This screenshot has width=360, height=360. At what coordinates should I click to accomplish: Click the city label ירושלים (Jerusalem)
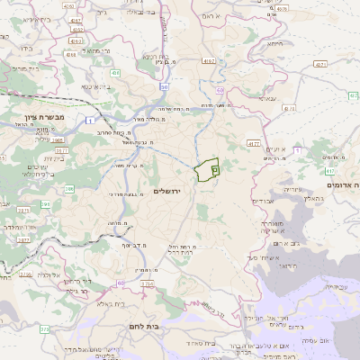168,191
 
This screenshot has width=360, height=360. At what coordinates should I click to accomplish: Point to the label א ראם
206,15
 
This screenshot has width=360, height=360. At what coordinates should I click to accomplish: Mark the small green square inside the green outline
214,168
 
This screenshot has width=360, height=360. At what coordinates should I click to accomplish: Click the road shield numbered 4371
320,65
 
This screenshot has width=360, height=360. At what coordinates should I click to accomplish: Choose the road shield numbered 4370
289,109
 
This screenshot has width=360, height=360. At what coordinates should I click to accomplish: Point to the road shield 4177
255,142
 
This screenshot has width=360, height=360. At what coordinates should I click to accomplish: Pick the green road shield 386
69,188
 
